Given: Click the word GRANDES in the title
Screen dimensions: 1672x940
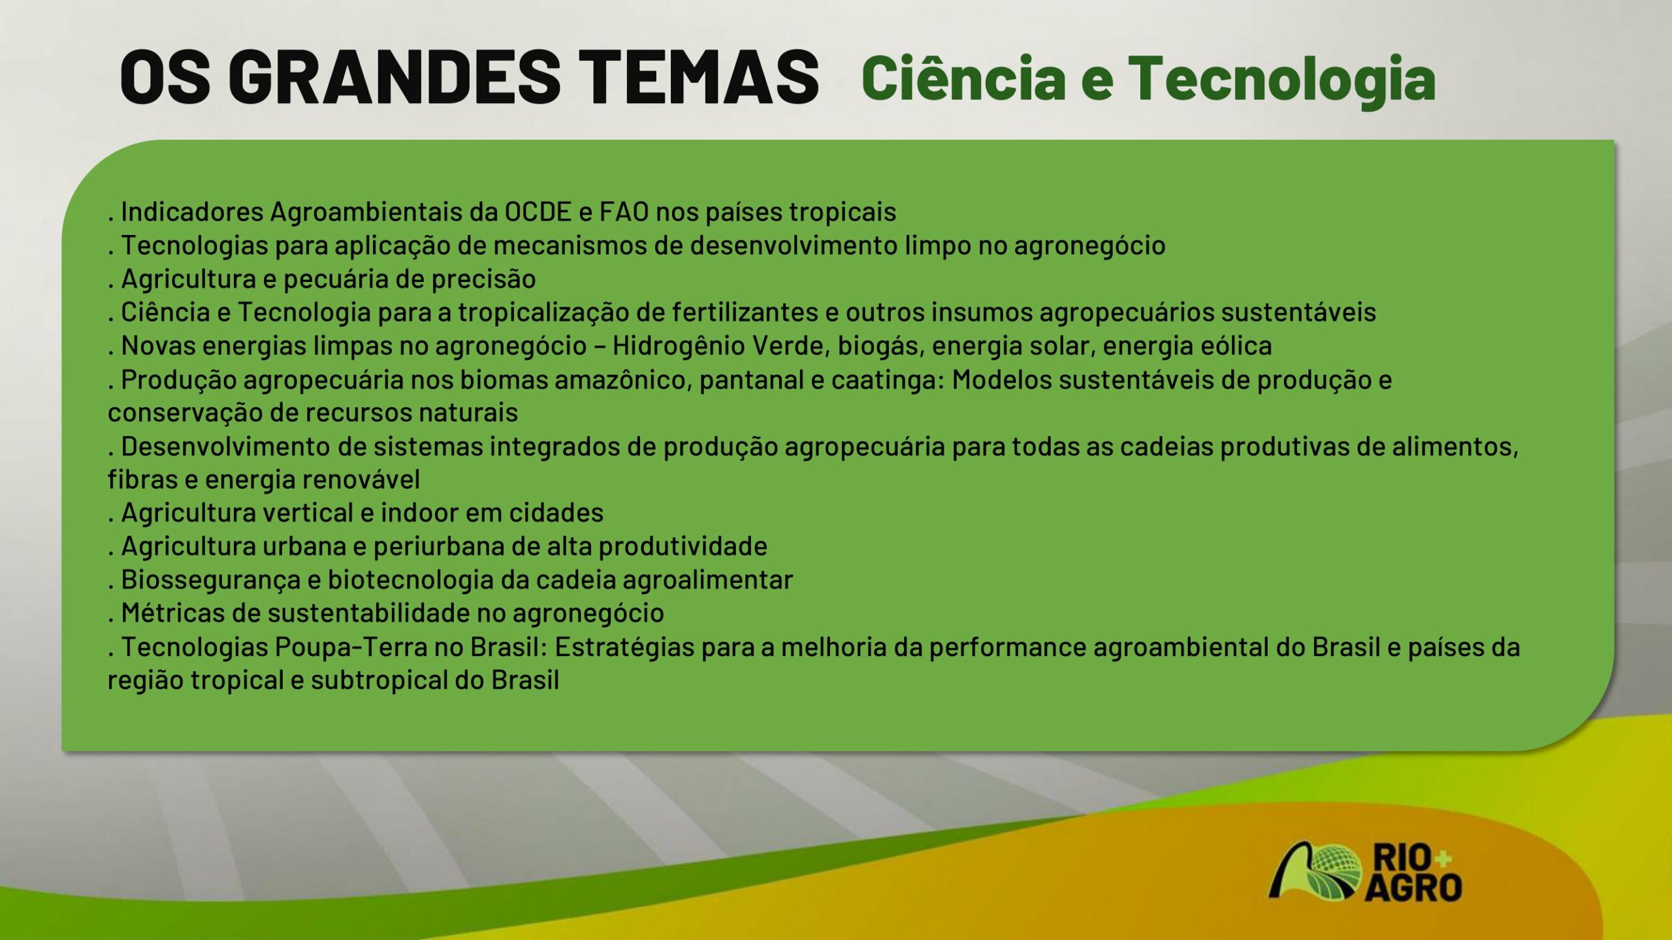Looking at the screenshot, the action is tap(394, 76).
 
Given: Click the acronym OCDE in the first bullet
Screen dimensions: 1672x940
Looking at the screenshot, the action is tap(538, 212).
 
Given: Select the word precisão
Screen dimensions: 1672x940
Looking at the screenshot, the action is tap(483, 279).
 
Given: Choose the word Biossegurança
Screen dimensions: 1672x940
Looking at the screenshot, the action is tap(212, 580).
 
